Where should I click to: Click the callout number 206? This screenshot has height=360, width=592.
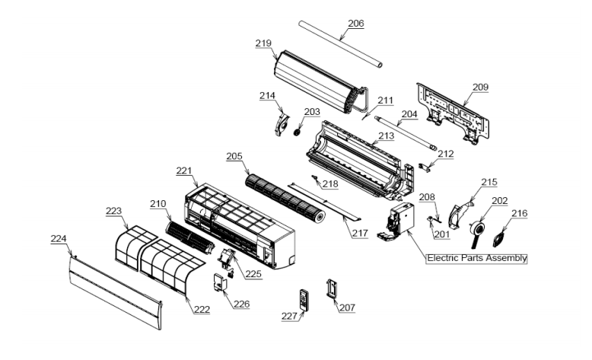(355, 24)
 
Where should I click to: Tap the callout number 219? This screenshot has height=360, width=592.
(263, 44)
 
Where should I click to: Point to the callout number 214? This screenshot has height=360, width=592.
(267, 96)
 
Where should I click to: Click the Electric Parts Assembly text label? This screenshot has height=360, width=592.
(477, 258)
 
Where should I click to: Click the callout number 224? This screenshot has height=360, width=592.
(59, 239)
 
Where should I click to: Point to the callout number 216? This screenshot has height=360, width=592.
(518, 215)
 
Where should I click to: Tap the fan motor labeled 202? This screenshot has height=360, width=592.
(479, 228)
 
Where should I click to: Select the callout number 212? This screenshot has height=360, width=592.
(445, 155)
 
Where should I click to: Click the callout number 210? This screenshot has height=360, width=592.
(158, 204)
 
